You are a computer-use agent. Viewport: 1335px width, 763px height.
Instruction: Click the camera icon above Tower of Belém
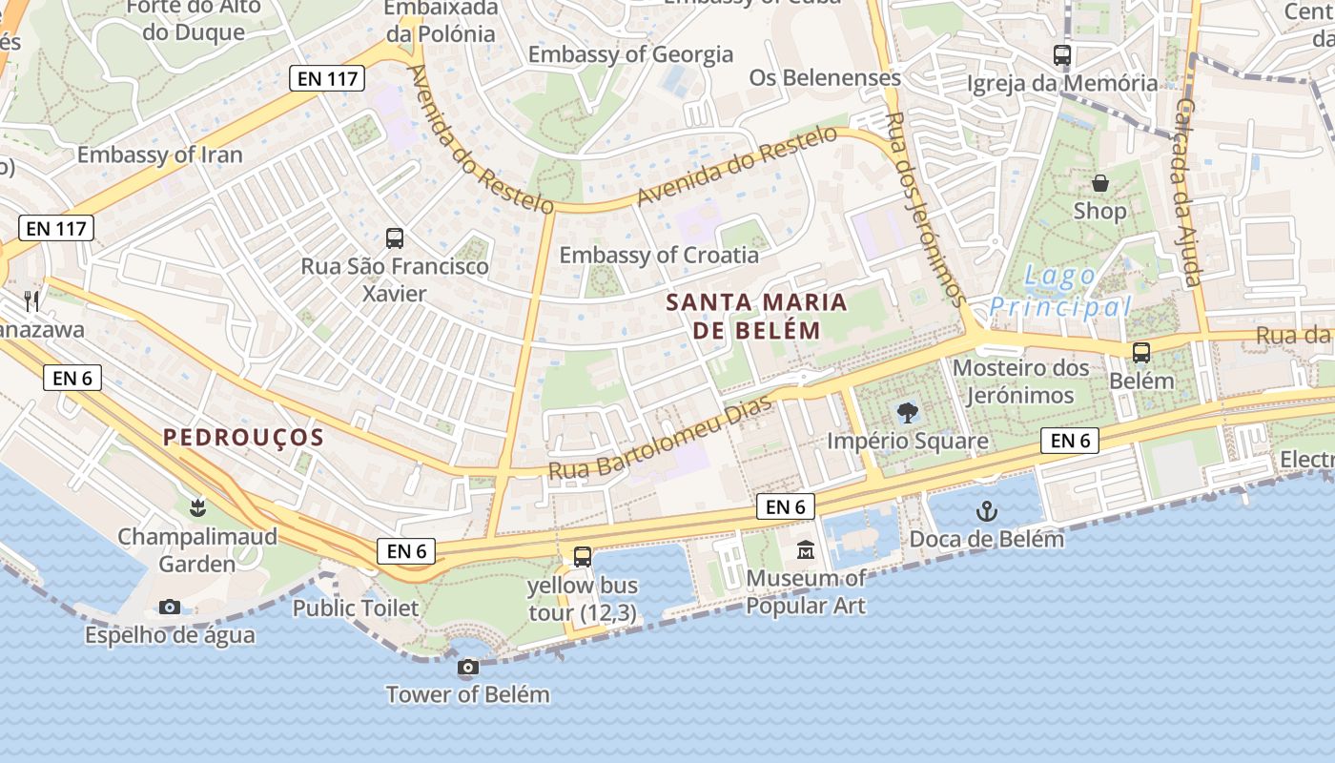pyautogui.click(x=467, y=668)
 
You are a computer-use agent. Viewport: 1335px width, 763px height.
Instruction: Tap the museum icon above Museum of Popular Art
pyautogui.click(x=806, y=550)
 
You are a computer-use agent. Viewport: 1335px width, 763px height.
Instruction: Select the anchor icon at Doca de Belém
pyautogui.click(x=987, y=512)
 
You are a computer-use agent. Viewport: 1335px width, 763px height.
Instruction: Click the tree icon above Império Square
pyautogui.click(x=907, y=413)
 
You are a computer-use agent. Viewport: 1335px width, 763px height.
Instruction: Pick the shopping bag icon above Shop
pyautogui.click(x=1099, y=183)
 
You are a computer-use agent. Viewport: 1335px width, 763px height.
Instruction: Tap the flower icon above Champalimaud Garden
pyautogui.click(x=197, y=508)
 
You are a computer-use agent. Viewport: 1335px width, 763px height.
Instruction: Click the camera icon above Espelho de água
pyautogui.click(x=170, y=608)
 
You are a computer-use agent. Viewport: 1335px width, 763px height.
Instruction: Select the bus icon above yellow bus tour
pyautogui.click(x=583, y=557)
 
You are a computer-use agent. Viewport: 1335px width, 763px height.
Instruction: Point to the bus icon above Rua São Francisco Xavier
pyautogui.click(x=395, y=238)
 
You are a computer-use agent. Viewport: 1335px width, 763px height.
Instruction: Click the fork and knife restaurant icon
pyautogui.click(x=31, y=301)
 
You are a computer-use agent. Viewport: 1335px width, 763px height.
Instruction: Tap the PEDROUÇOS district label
pyautogui.click(x=243, y=438)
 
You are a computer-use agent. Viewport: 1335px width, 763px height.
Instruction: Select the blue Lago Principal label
pyautogui.click(x=1059, y=292)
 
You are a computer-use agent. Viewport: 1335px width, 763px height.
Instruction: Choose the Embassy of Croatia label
pyautogui.click(x=659, y=256)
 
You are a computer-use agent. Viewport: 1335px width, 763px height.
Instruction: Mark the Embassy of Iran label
pyautogui.click(x=160, y=155)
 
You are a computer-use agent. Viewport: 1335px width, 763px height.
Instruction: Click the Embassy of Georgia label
pyautogui.click(x=630, y=54)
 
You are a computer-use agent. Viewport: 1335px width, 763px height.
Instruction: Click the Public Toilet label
pyautogui.click(x=355, y=608)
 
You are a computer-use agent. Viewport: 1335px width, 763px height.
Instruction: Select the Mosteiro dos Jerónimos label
pyautogui.click(x=1022, y=381)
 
